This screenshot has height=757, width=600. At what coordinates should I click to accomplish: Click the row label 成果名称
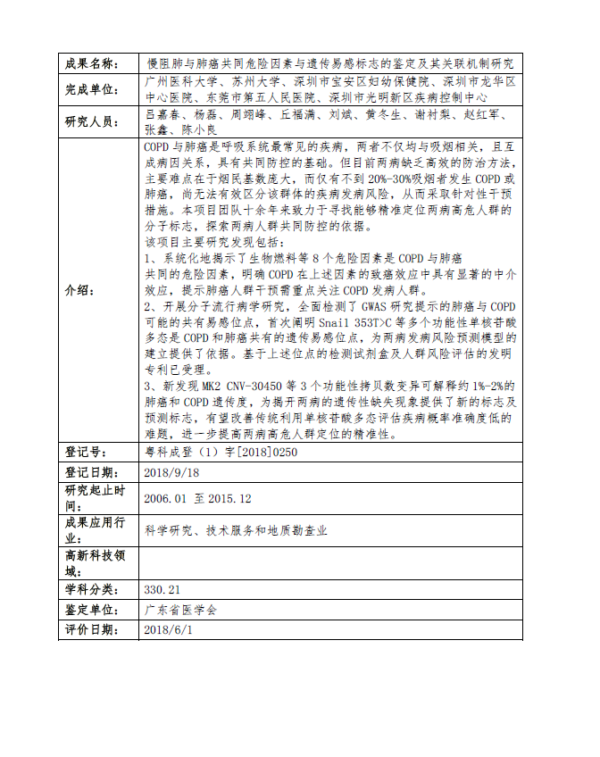click(91, 64)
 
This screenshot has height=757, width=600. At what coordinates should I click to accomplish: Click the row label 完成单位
click(91, 90)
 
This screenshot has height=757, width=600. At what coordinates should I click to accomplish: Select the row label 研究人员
click(91, 122)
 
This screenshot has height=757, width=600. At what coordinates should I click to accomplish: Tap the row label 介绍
click(81, 291)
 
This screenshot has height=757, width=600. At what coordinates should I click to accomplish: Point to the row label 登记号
click(86, 453)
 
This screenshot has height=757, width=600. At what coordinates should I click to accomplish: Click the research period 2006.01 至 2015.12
click(197, 498)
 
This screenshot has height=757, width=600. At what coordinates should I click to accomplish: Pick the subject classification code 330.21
click(162, 590)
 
